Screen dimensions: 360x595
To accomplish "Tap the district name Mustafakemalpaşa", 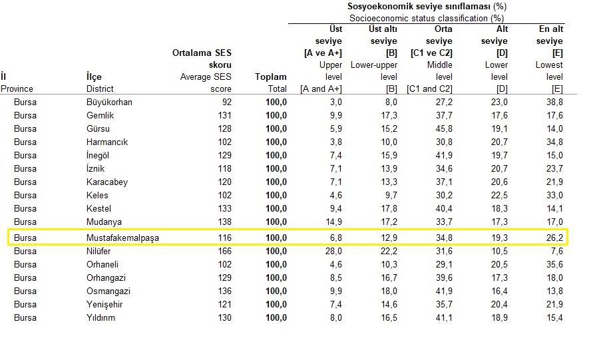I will (122, 238).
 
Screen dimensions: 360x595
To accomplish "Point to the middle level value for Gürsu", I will (443, 128).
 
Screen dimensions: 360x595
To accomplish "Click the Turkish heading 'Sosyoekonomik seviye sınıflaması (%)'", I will (427, 6).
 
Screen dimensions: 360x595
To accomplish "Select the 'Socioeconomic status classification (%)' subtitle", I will (426, 18).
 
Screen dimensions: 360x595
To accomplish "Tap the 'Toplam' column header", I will (271, 77).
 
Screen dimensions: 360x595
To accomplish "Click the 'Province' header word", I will (17, 89).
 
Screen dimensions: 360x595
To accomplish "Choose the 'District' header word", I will (100, 89).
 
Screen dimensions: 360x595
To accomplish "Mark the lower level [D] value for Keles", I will (499, 195).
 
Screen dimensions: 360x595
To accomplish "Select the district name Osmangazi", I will (108, 291).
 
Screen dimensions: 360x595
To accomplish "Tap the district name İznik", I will (96, 168).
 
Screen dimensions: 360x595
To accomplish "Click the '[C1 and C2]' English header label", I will (430, 89).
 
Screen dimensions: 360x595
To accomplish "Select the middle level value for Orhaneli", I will (443, 264).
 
